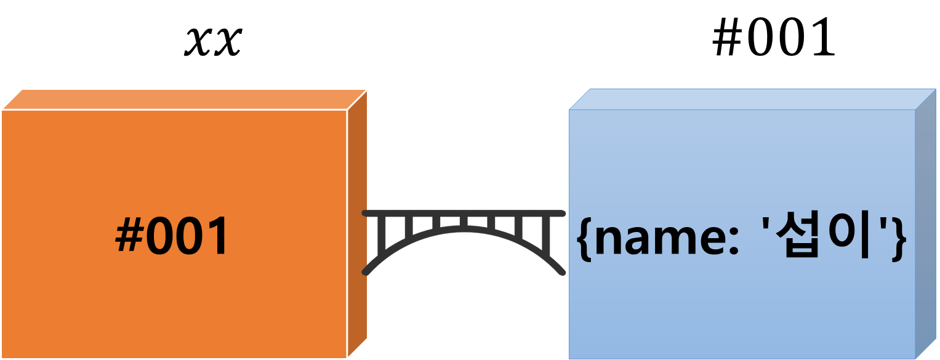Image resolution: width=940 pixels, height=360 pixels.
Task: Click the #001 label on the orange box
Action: [x=172, y=238]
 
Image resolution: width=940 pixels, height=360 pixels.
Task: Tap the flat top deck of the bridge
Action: [x=464, y=213]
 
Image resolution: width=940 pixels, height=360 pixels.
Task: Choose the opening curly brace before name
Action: [x=584, y=240]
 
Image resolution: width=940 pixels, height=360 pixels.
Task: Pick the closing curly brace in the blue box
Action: [x=899, y=240]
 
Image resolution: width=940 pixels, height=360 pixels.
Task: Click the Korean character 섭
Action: [x=796, y=238]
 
